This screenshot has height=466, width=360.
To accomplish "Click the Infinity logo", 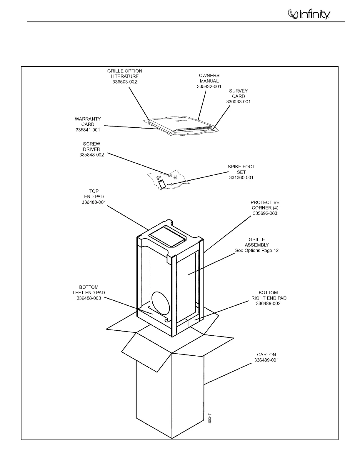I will coord(309,14).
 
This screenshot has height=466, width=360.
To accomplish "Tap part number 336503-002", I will coord(125,82).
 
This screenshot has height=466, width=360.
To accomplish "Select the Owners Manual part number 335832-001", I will coord(209,86).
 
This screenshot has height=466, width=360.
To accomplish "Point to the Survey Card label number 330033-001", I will coord(238,102).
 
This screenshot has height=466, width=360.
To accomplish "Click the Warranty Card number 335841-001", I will coord(88,130).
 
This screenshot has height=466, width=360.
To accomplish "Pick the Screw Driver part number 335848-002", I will coord(91,155).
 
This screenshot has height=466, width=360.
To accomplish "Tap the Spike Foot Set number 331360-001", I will coord(241,177).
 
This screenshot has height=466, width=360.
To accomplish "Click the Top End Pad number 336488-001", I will coord(94,202).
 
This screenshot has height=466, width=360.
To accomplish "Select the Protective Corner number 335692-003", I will coord(265,213).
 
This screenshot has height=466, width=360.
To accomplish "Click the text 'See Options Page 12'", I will coord(257,250).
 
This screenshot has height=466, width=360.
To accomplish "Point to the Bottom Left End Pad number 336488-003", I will coord(89,298).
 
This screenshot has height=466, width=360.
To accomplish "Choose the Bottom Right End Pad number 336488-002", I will coord(268,303).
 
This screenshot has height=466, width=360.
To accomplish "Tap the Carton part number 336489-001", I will coord(266,360).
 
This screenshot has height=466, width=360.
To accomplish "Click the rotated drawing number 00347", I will coord(210,418).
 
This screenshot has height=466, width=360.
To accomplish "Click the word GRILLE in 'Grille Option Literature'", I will coord(115,71).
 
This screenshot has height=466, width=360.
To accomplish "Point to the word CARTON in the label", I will coord(266,355).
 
